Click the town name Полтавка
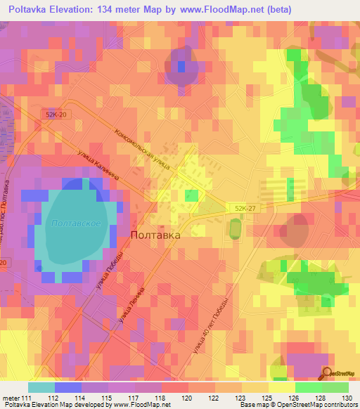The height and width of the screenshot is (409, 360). click(x=155, y=236)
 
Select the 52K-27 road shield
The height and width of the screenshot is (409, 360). click(x=239, y=207)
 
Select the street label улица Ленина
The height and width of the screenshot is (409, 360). click(x=132, y=307)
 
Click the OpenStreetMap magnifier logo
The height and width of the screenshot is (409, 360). click(x=327, y=373)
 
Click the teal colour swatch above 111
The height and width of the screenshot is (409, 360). click(x=41, y=387)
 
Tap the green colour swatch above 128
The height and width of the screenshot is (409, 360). click(x=308, y=387)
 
